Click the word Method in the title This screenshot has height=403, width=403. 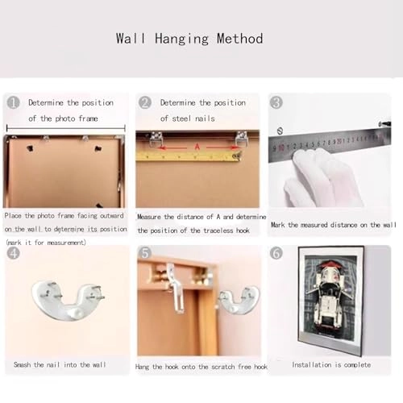tap(240, 39)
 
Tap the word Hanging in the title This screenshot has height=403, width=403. tap(181, 39)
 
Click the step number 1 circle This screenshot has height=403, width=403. tap(13, 102)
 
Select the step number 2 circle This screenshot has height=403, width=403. tap(145, 102)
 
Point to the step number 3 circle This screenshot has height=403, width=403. tap(276, 102)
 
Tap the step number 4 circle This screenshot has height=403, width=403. tap(13, 253)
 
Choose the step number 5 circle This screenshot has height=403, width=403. tap(145, 253)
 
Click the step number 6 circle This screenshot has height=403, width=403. tap(276, 253)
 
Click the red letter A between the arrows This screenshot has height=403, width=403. tap(197, 147)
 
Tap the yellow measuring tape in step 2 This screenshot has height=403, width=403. tap(188, 156)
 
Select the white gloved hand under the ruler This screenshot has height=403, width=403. tap(322, 179)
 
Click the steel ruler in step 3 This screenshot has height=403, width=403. tap(330, 145)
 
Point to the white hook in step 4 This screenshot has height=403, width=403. tap(69, 301)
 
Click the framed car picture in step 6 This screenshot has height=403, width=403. tap(331, 301)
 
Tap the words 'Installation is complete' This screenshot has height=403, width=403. tap(331, 365)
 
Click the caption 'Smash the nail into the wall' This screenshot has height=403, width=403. tap(60, 364)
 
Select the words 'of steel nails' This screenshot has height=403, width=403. tap(187, 118)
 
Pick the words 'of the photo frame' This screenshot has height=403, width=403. tap(63, 118)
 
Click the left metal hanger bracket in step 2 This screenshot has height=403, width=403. tap(156, 139)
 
